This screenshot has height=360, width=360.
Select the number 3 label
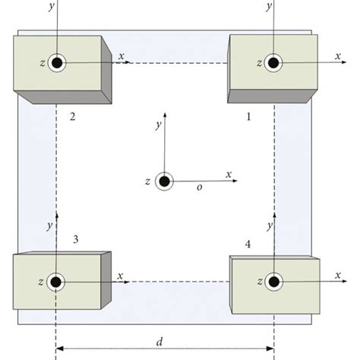pos(75,239)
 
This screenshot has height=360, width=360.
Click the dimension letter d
pos(159,341)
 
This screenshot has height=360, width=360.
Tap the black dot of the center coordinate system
pos(164,182)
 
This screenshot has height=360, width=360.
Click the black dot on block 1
pos(270,63)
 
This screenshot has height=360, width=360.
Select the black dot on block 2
pos(56,63)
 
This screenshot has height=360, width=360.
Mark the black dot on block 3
pos(55,282)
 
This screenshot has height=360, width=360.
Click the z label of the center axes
pos(147,182)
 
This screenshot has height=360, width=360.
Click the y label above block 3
pos(49,226)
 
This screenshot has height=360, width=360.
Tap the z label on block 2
pos(39,63)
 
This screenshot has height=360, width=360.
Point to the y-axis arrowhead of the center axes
pos(164,114)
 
